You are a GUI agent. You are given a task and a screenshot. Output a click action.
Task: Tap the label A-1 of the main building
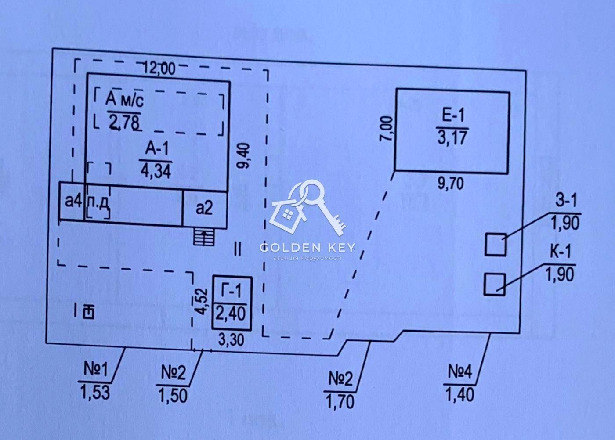click(157, 150)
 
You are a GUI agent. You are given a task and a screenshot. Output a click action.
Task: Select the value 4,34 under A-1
click(156, 170)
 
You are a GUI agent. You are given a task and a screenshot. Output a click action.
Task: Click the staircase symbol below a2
click(204, 237)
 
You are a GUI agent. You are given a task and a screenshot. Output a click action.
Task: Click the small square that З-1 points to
click(496, 245)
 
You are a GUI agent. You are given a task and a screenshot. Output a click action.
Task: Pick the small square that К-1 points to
click(494, 284)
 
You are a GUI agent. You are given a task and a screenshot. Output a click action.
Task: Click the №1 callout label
click(95, 371)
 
